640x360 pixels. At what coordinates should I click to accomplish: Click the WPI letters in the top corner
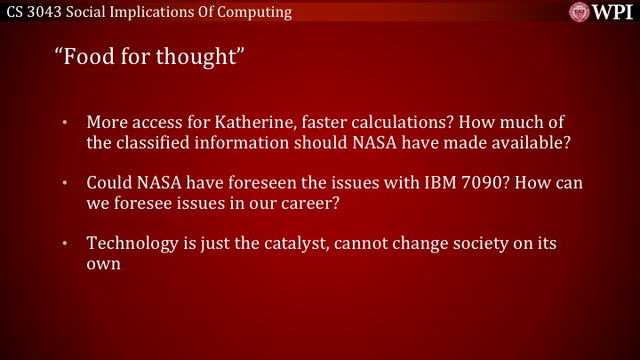coord(613,12)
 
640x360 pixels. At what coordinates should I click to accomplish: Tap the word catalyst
coord(286,244)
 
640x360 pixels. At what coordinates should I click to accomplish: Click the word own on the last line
coord(103,265)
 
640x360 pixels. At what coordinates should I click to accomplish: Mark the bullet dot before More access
coord(64,122)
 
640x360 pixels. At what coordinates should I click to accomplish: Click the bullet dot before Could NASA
coord(64,183)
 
